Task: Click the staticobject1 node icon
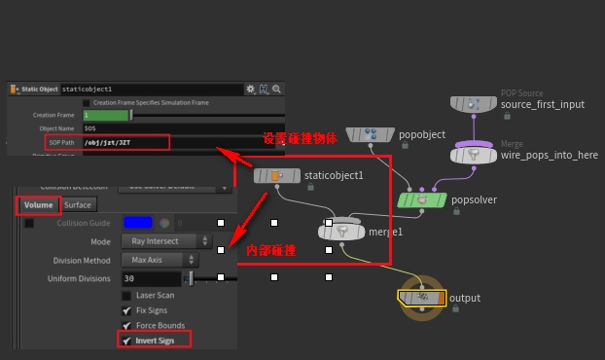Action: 275,175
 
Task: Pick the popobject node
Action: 369,134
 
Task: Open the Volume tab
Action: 38,205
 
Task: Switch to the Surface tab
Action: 78,205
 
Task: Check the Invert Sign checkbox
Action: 126,340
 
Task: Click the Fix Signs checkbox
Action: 126,310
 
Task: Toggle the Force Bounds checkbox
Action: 126,325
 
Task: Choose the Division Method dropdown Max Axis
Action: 160,261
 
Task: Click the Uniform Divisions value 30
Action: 151,279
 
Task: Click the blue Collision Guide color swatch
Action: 138,223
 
